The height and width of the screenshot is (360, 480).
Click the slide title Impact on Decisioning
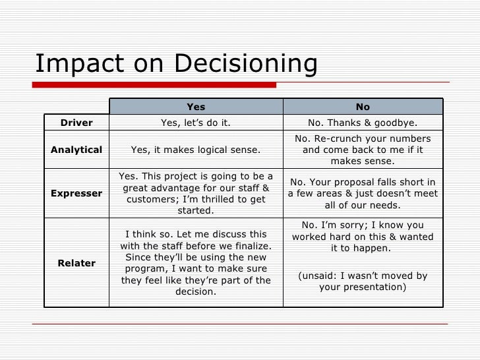[x=176, y=65]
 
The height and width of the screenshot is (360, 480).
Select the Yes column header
[x=196, y=106]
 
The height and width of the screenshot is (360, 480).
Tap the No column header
[x=363, y=106]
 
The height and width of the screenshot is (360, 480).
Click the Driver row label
[x=76, y=123]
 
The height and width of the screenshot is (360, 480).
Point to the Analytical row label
[x=76, y=150]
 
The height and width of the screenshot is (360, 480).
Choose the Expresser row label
[x=76, y=193]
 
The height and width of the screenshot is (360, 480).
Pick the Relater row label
[x=76, y=263]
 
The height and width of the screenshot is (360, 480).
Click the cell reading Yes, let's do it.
[x=196, y=123]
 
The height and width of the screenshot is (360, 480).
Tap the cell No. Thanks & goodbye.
[x=363, y=123]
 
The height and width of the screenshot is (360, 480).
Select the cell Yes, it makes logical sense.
[x=196, y=150]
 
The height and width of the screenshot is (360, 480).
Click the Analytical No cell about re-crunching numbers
[x=363, y=150]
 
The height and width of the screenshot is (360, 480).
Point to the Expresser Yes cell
[x=196, y=193]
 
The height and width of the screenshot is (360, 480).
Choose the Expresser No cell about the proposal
[x=363, y=193]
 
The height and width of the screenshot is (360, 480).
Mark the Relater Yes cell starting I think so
[x=196, y=263]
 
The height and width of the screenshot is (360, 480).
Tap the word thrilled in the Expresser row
[x=219, y=200]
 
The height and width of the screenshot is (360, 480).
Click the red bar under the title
[x=156, y=84]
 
